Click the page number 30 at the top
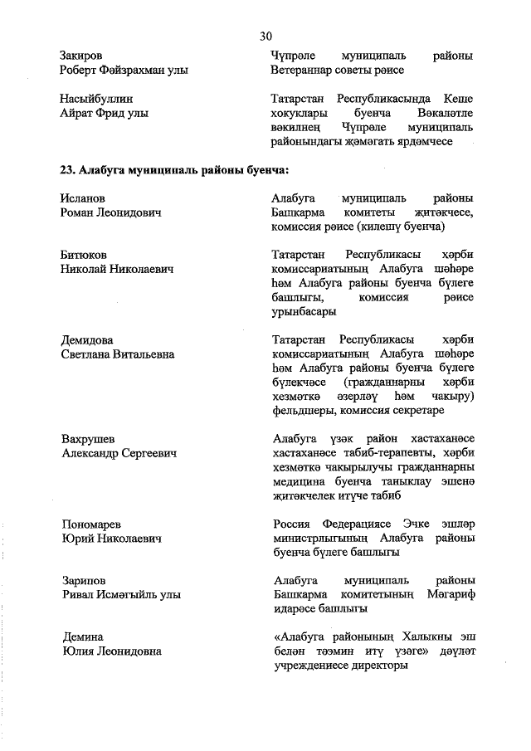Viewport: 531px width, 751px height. [x=265, y=35]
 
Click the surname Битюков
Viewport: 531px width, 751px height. [x=84, y=254]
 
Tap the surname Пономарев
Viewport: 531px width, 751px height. [x=91, y=524]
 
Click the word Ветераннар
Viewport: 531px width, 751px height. [x=304, y=71]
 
